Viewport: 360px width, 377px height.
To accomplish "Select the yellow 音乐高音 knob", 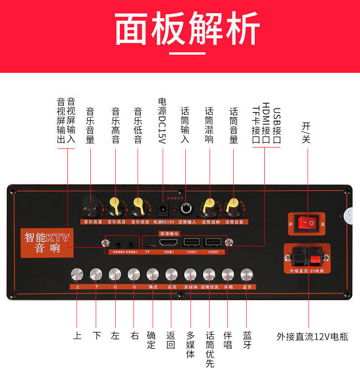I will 116,207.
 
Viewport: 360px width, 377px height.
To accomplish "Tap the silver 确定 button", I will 153,275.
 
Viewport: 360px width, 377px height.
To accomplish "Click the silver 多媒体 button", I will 190,275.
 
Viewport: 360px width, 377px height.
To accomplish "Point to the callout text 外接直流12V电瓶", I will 313,337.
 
